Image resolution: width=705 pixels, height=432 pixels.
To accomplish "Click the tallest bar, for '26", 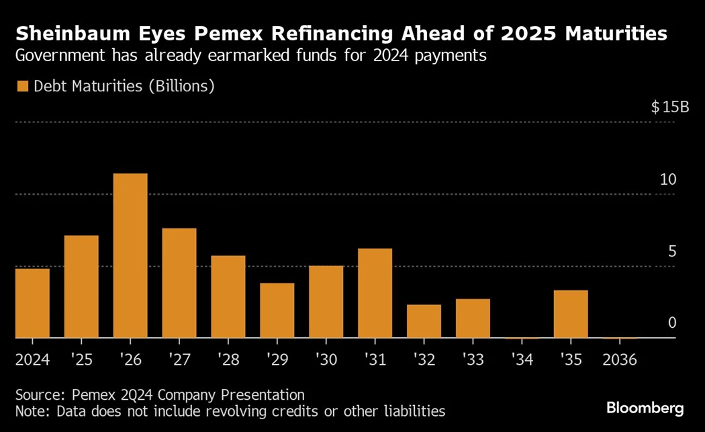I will [x=130, y=255].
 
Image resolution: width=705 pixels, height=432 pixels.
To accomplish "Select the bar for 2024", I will [x=32, y=303].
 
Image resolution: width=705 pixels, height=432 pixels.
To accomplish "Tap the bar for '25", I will [x=81, y=286].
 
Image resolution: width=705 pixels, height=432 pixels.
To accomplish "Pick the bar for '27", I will [x=179, y=283].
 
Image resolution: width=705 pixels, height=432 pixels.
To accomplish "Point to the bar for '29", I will [x=277, y=310].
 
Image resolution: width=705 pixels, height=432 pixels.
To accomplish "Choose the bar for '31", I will [x=375, y=293].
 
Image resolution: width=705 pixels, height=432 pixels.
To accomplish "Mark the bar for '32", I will [x=424, y=321].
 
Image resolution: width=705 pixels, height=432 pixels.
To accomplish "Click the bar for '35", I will [x=571, y=314].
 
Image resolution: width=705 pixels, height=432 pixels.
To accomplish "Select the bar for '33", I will [x=473, y=318].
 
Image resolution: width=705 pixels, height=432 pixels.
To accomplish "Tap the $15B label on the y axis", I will [x=670, y=107].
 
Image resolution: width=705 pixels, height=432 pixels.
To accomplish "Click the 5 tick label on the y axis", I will [x=671, y=251].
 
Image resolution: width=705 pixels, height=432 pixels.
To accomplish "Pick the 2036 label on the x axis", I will [x=620, y=360].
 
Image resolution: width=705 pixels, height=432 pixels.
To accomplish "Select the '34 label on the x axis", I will [x=522, y=360].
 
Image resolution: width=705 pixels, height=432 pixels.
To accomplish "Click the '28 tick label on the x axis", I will [x=228, y=360].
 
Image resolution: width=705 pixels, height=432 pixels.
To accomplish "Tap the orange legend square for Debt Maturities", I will [x=22, y=86].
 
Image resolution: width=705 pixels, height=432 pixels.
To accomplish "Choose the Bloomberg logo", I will [x=645, y=407].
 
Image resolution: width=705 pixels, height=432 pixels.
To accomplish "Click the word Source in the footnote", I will [x=38, y=395].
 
